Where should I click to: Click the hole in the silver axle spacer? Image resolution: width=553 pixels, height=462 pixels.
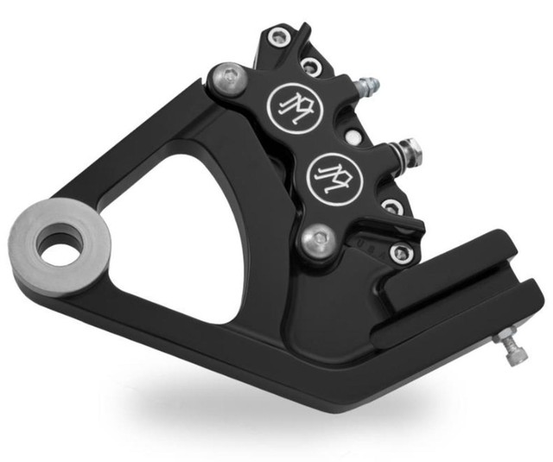coord(59,246)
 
